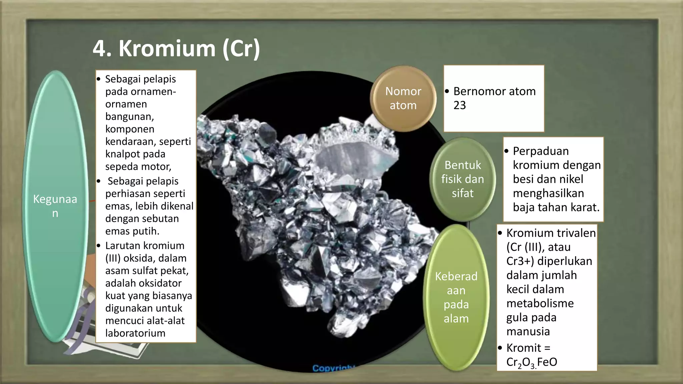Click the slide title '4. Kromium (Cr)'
point(176,49)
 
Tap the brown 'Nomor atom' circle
point(403,98)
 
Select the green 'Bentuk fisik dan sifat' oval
point(463,179)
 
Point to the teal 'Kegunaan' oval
point(55,206)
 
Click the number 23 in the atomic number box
point(460,105)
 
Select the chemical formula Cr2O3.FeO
point(532,362)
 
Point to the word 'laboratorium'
point(135,333)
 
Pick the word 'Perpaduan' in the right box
point(541,151)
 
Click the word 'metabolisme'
point(540,303)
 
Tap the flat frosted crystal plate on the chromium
point(355,157)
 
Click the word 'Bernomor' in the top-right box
point(478,91)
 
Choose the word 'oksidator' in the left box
point(143,283)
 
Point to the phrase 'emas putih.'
point(132,231)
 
